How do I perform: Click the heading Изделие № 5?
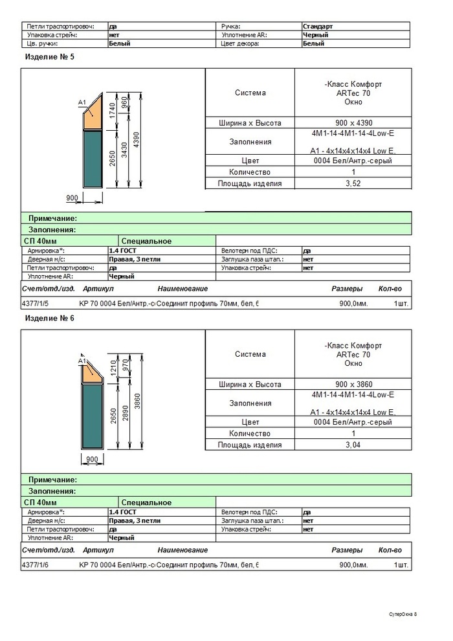[50, 57]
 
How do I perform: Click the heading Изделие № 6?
[50, 319]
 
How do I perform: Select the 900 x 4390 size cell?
[353, 123]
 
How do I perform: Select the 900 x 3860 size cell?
[353, 385]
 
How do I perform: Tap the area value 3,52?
[353, 184]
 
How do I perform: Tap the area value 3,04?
[353, 445]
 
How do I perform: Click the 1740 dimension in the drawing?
[113, 109]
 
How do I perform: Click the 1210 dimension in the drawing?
[113, 369]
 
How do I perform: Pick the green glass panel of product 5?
[93, 165]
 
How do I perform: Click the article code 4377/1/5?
[35, 303]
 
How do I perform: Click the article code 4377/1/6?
[35, 565]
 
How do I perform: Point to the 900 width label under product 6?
[91, 459]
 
